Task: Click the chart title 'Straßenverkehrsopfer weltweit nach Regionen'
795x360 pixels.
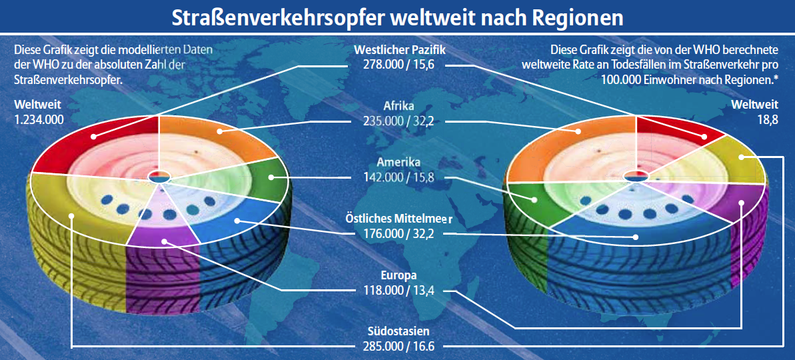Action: click(397, 17)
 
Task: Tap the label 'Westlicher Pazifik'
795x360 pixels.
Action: click(400, 50)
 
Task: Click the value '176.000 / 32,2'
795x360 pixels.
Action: click(400, 233)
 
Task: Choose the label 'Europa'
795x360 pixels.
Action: click(400, 275)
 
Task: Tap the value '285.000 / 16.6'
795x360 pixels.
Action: click(400, 346)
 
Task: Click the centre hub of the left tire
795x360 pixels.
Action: click(160, 177)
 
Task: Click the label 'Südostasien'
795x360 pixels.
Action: click(400, 332)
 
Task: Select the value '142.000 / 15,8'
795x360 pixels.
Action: click(400, 177)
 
